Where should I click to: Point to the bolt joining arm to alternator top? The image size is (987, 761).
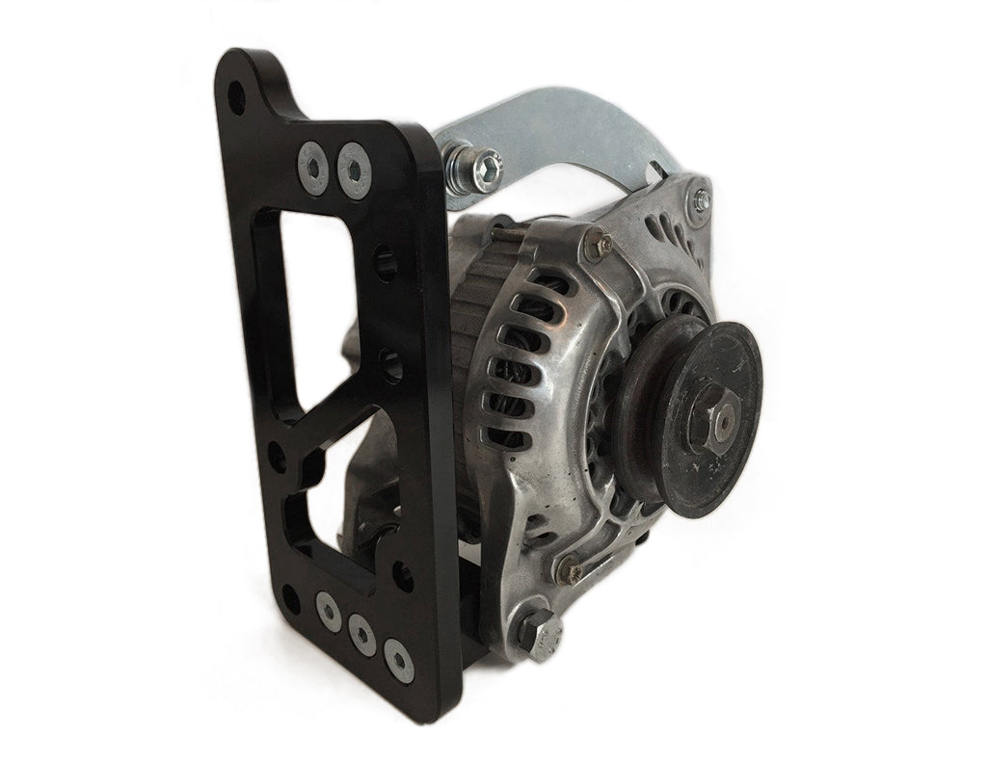[x=697, y=200]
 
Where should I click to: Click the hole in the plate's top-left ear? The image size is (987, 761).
[x=235, y=96]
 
